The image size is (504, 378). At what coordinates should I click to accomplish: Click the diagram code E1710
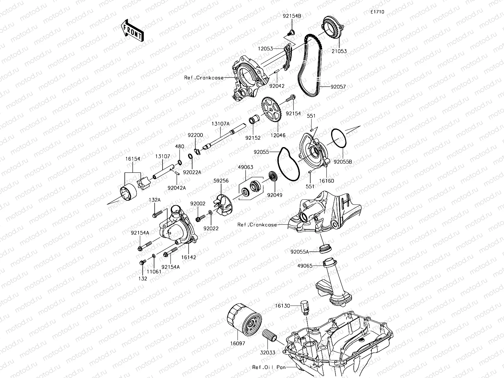click(377, 12)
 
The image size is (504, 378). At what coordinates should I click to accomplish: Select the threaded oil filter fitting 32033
click(270, 339)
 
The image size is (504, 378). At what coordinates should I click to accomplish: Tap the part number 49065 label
click(305, 266)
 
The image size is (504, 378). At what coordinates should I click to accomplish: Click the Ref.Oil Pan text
click(267, 367)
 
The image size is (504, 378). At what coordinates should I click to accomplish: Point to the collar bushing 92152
click(254, 121)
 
